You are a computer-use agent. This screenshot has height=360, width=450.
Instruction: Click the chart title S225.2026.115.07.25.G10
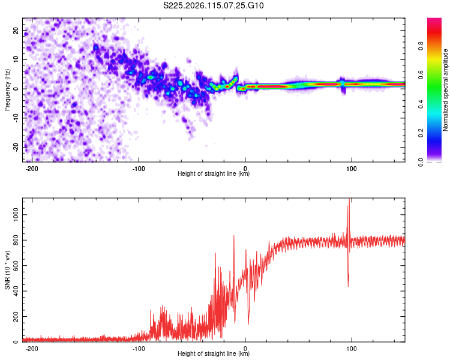click(x=213, y=5)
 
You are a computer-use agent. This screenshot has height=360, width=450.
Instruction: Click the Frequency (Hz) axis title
click(x=7, y=90)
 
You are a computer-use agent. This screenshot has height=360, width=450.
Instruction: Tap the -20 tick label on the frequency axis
click(x=16, y=147)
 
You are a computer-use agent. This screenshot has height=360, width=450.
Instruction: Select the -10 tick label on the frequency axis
click(x=16, y=118)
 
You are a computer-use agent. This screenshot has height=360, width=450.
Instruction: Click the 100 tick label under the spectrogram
click(x=351, y=169)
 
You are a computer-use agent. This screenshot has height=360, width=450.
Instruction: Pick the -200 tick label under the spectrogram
click(x=32, y=169)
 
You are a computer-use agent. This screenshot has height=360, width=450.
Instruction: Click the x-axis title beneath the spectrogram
click(x=214, y=173)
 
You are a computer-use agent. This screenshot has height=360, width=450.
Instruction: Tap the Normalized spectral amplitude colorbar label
click(x=445, y=90)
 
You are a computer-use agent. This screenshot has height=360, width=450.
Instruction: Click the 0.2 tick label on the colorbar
click(x=421, y=133)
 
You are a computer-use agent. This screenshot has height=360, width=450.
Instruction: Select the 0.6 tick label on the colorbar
click(x=421, y=75)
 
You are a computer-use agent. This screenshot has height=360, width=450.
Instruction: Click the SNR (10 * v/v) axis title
click(x=7, y=270)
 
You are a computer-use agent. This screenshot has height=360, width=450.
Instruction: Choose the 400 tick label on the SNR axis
click(x=16, y=291)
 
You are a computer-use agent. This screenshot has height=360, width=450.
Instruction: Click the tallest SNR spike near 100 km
click(x=349, y=199)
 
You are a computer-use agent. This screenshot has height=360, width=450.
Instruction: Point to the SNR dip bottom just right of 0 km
click(x=248, y=324)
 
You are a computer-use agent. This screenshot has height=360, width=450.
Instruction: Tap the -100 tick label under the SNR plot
click(x=139, y=349)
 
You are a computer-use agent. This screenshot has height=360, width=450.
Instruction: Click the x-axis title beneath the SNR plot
click(x=214, y=353)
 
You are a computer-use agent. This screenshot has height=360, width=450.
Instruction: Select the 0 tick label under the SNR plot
click(x=245, y=349)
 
